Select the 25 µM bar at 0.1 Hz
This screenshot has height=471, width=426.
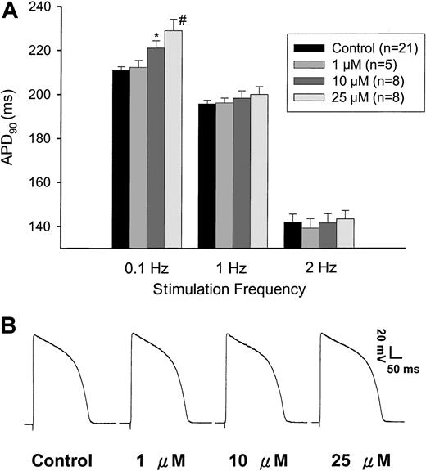point(173,139)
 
